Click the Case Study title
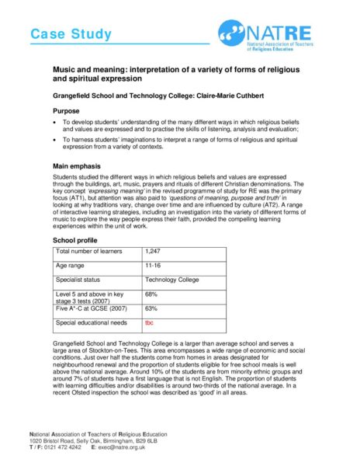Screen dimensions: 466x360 point(71,34)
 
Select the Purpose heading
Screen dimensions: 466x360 point(67,111)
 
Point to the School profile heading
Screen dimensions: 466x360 point(76,241)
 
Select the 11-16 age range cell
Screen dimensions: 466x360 point(154,266)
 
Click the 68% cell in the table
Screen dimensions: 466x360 point(152,294)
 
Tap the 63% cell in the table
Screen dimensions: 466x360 point(152,308)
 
